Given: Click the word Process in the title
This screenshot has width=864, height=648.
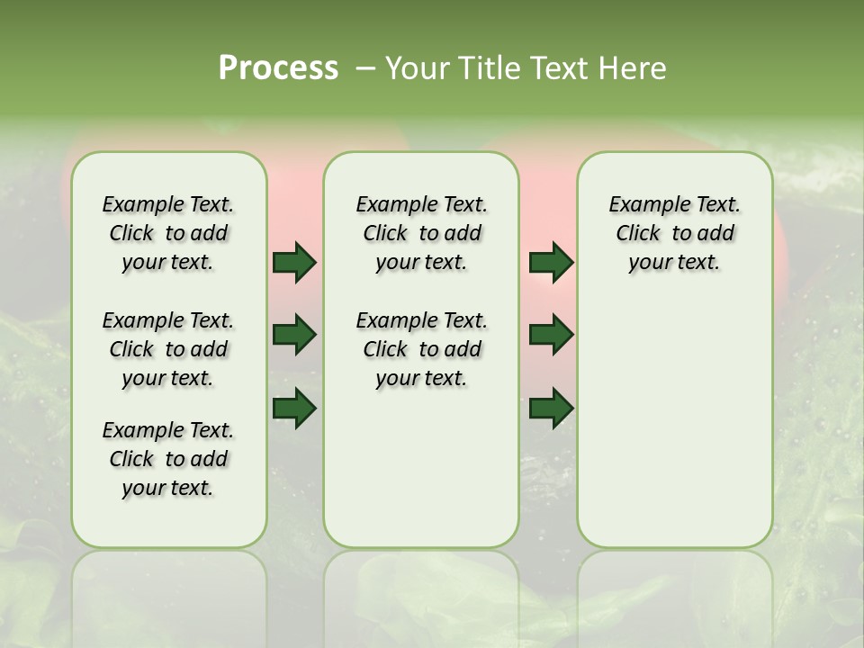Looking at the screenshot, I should coord(278,67).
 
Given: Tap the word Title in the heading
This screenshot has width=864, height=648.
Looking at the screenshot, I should coord(487,67).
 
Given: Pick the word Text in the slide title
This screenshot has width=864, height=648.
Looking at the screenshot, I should coord(556,67).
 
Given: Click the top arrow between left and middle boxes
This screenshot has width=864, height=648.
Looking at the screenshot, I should coord(294,262).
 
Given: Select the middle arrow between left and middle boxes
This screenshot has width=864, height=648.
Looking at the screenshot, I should coord(294,335).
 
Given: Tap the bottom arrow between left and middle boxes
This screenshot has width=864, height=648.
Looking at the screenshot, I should coord(294,408).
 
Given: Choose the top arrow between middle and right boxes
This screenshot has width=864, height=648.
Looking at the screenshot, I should coord(551,262).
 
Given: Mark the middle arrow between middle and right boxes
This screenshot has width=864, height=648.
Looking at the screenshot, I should coord(551,335).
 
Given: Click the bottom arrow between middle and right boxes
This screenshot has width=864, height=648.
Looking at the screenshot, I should coord(551,408).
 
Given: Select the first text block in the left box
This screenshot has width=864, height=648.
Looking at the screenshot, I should coord(168,233).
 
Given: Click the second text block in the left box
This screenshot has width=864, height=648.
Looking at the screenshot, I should coord(168,349).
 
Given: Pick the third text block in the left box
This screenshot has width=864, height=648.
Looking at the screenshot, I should coord(168,459).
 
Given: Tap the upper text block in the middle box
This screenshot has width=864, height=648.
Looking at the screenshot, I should coord(421,233).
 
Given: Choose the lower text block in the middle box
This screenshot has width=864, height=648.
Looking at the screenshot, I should coord(421,349).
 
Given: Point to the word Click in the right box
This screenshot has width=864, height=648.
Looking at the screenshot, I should coord(638,234).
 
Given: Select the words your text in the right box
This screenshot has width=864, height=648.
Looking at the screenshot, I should coord(674,263).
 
